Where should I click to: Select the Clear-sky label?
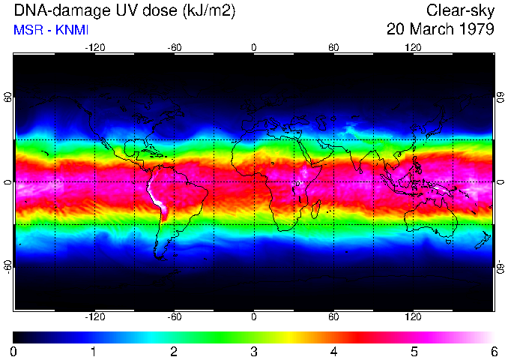pyautogui.click(x=460, y=10)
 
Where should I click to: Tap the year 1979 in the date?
pyautogui.click(x=475, y=30)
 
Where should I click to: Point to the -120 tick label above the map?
pyautogui.click(x=94, y=46)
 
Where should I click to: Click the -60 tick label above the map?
pyautogui.click(x=175, y=46)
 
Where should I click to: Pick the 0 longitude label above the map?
pyautogui.click(x=254, y=46)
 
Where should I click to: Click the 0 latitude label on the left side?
pyautogui.click(x=8, y=181)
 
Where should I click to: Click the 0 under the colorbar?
pyautogui.click(x=14, y=351)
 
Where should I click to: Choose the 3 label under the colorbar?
pyautogui.click(x=254, y=351)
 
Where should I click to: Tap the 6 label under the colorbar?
pyautogui.click(x=493, y=351)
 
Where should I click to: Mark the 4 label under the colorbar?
pyautogui.click(x=333, y=351)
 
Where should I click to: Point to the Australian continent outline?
pyautogui.click(x=432, y=217)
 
